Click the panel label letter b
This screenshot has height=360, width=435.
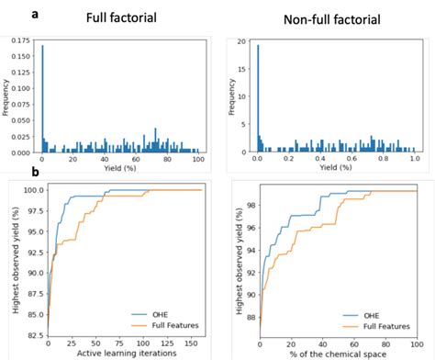coord(35,172)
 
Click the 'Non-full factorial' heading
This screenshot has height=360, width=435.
coord(325,17)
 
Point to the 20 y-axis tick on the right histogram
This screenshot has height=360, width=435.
coord(240,42)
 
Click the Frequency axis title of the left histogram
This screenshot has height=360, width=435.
coord(6,96)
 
